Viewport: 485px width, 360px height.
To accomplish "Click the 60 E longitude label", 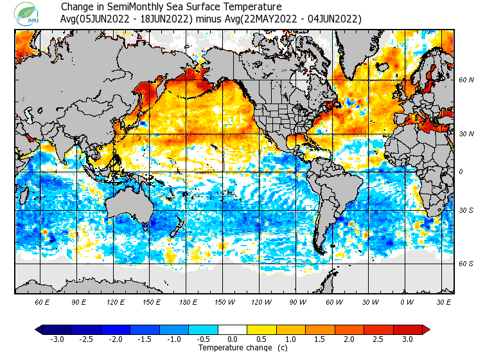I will point(42,301).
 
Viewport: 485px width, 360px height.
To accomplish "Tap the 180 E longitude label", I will point(188,301).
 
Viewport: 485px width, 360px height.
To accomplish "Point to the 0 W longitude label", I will point(407,301).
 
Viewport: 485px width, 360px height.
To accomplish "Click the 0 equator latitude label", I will point(461,172).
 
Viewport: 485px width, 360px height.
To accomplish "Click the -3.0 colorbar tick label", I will point(57,339).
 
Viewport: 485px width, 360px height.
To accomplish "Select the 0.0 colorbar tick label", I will point(233,339).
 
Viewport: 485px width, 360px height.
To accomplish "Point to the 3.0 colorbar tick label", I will point(407,339).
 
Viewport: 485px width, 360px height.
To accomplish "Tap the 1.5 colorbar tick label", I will point(320,339).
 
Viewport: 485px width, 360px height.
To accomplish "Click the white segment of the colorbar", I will point(233,330).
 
